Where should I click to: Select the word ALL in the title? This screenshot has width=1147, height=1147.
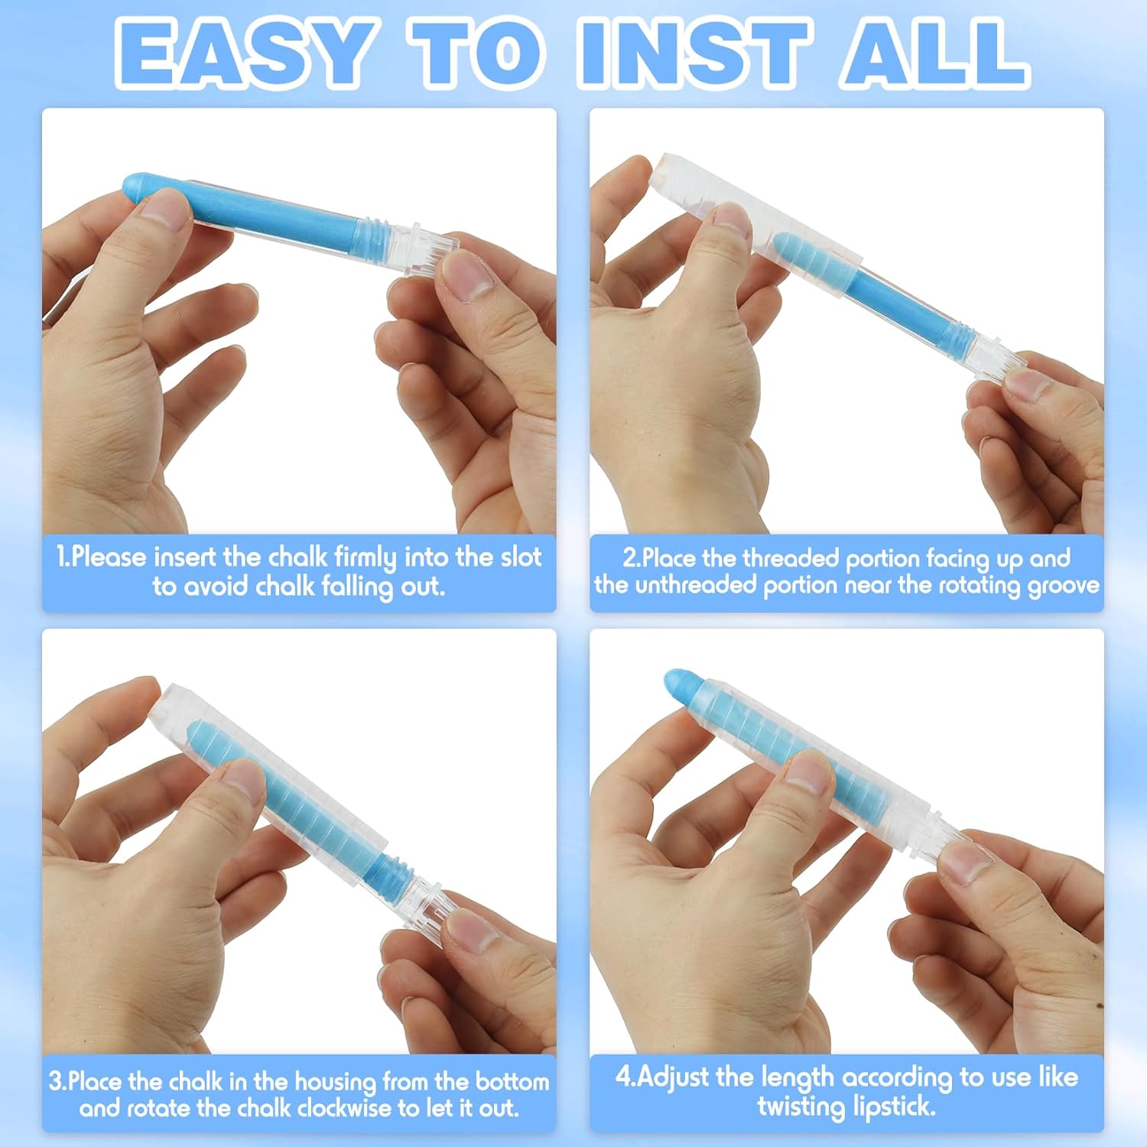pos(934,53)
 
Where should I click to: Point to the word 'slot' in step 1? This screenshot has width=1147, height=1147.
pos(521,557)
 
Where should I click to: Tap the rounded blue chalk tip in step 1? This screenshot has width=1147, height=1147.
pos(138,187)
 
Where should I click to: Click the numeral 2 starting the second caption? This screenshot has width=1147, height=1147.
pos(629,558)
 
